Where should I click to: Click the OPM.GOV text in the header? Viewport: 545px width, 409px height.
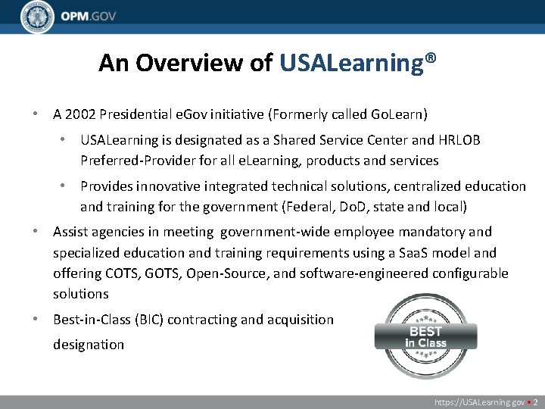coord(89,17)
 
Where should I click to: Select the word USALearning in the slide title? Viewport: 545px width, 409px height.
coord(351,63)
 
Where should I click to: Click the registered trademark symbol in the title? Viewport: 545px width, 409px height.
coord(430,58)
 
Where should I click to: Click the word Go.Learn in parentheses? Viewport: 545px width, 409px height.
coord(397,115)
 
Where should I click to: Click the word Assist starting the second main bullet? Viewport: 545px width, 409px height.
coord(70,232)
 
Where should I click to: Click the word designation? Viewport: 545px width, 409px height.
coord(88,345)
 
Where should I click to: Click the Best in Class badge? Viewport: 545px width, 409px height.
coord(425,336)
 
